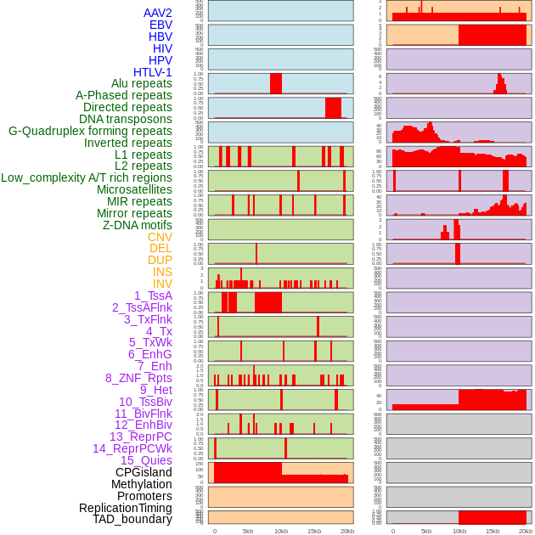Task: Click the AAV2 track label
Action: tap(157, 13)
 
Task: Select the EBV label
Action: tap(160, 25)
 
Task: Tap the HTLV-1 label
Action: tap(152, 72)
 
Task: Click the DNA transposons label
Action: tap(125, 119)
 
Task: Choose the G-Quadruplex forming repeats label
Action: tap(90, 131)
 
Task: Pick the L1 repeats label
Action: tap(144, 155)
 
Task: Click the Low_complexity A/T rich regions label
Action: tap(87, 177)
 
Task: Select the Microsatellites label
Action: tap(134, 189)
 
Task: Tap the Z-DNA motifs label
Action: tap(137, 225)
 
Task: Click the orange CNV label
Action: tap(160, 237)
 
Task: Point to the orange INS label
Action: tap(162, 272)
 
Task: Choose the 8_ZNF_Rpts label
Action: tap(138, 378)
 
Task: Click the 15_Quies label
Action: tap(146, 460)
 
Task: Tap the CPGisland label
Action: tap(144, 472)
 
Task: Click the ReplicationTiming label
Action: tap(125, 508)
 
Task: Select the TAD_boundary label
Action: tap(132, 519)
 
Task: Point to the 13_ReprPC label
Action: tap(140, 436)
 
